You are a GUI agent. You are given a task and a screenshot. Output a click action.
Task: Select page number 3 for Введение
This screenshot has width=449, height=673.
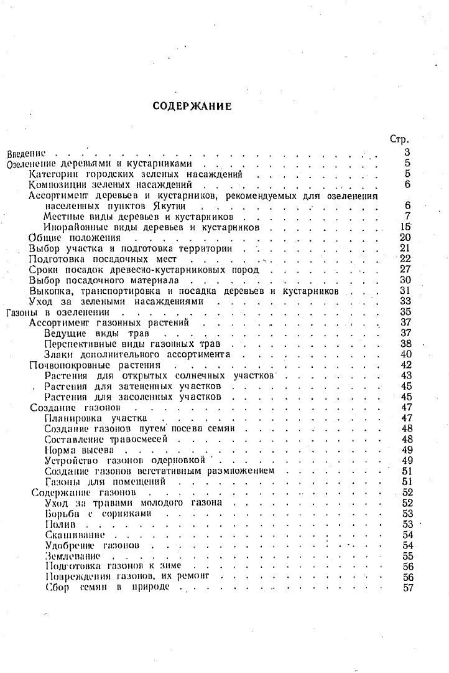407,153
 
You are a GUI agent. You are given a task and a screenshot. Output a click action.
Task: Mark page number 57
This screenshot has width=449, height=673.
408,588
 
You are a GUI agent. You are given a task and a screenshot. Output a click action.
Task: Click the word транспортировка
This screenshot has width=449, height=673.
127,291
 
